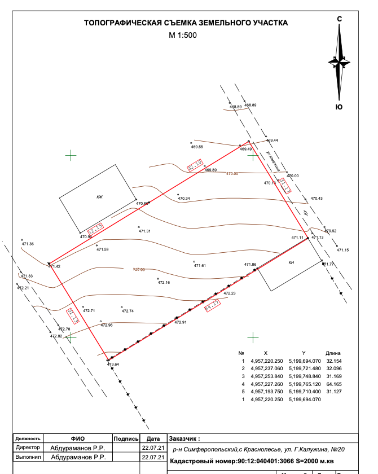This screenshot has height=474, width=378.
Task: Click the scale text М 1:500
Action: (183, 35)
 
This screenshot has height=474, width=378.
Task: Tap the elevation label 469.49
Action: (245, 149)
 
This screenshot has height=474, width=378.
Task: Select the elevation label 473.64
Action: (113, 365)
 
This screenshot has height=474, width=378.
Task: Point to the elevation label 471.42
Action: (54, 266)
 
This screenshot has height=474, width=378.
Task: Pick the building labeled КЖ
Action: (99, 197)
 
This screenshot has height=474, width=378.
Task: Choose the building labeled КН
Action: (292, 263)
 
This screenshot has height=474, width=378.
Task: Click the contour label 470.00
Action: (232, 174)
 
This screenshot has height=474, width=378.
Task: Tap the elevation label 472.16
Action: (164, 282)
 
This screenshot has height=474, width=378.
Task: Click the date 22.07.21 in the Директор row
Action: (153, 447)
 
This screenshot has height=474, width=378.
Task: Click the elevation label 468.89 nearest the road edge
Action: (250, 106)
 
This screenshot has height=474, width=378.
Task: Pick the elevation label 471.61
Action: (200, 265)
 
